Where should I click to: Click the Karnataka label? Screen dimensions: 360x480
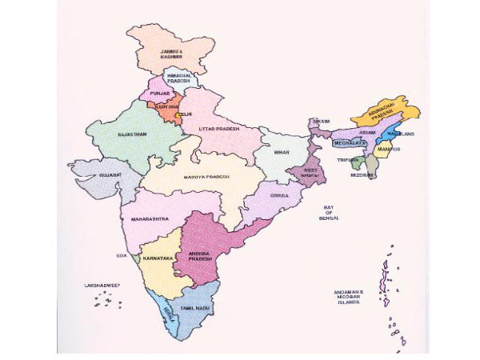point(156,259)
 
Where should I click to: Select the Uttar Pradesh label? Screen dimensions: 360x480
point(219,129)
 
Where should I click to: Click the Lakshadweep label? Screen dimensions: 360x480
point(102,285)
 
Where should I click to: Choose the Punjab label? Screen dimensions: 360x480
point(158,94)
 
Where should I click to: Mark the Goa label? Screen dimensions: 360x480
point(122,256)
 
